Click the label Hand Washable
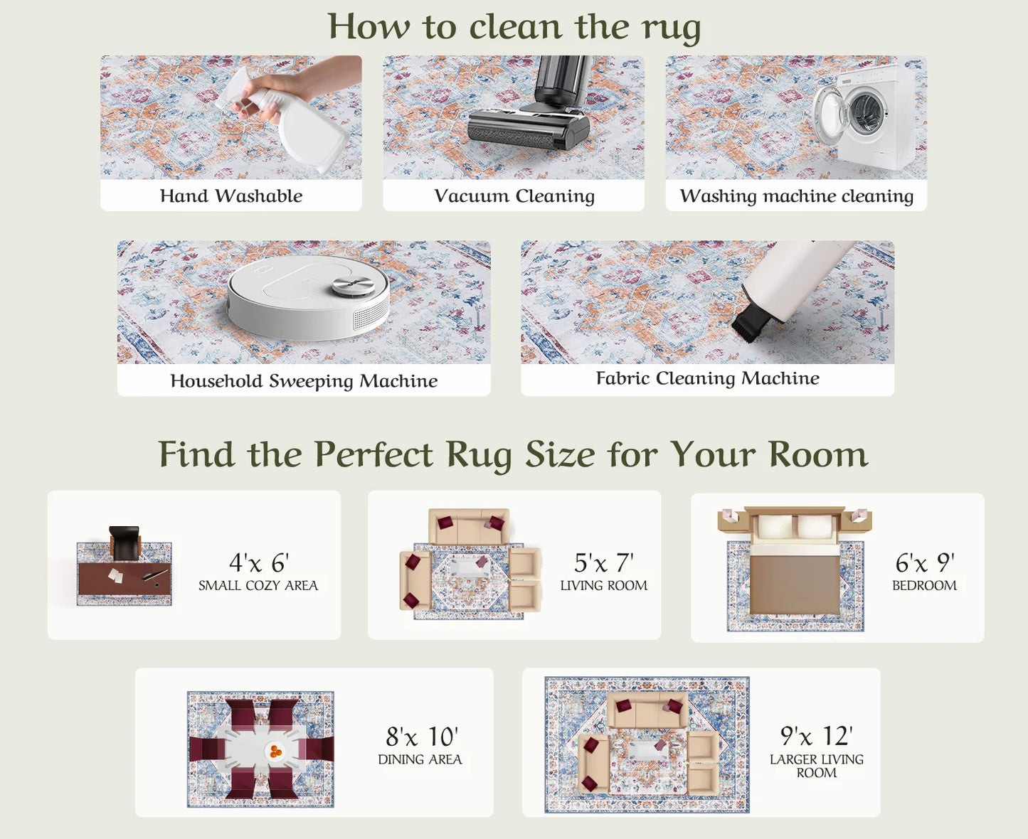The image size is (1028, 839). [231, 196]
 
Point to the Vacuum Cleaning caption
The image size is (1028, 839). [514, 196]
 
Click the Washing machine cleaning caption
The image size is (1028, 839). [796, 196]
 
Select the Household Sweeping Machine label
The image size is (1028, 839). [304, 380]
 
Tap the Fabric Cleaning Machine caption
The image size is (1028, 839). [707, 378]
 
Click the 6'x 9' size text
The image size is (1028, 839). [924, 563]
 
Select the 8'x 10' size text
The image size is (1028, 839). [421, 737]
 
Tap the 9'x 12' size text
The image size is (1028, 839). [816, 736]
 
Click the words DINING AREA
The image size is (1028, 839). [420, 759]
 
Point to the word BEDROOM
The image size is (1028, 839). [924, 585]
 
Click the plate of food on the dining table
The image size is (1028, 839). [275, 750]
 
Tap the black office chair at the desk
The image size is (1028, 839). [125, 543]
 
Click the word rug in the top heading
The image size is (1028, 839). [671, 28]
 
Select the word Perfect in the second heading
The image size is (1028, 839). [373, 454]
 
